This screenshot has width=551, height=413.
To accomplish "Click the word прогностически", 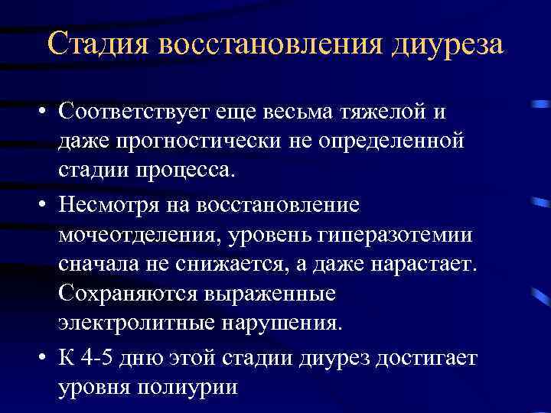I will click(198, 141).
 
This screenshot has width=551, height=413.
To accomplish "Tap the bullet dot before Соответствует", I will click(45, 112).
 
